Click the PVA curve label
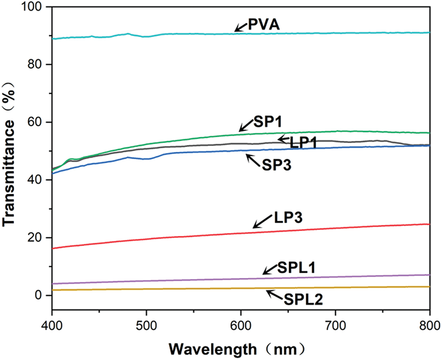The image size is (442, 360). tap(263, 24)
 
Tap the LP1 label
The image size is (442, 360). tap(305, 142)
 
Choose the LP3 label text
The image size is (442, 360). tap(287, 217)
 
